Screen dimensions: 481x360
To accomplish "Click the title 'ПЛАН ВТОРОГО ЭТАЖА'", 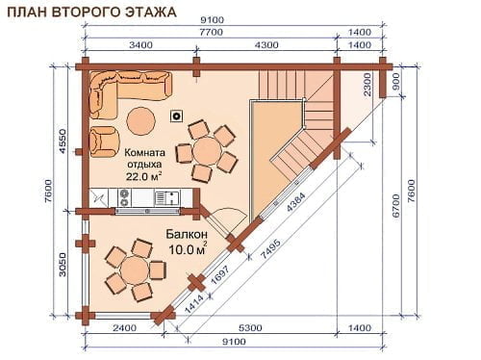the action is [x=91, y=12].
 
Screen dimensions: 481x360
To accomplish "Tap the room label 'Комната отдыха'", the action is [x=144, y=158].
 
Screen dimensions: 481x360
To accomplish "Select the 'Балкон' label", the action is [x=187, y=234].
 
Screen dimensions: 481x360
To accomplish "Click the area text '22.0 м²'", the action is [x=143, y=176].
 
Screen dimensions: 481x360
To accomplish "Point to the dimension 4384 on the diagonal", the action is [x=296, y=202].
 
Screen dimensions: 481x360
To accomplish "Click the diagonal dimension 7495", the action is [x=271, y=249].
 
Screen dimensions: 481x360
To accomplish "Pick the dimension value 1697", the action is [x=219, y=275].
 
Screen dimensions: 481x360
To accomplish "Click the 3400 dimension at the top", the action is [x=140, y=45].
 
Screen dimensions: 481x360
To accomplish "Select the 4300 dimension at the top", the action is [x=266, y=45].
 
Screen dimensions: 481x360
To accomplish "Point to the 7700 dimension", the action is [x=211, y=33].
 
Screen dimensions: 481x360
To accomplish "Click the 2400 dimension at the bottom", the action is [x=124, y=328].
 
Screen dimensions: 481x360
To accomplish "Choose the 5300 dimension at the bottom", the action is [x=250, y=328].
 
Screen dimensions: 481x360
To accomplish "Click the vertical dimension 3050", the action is [x=62, y=265].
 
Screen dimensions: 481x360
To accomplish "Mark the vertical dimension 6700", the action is [x=396, y=206].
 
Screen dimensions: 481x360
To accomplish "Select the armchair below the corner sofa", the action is [x=105, y=141].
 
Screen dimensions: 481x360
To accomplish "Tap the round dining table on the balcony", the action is [x=135, y=270].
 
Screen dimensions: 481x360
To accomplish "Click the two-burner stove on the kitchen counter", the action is [x=124, y=197].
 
